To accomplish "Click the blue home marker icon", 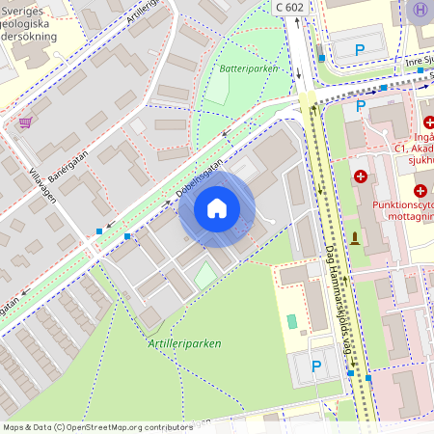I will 217,208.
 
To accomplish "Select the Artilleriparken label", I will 185,342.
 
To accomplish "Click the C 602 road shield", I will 292,7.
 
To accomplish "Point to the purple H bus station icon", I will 419,9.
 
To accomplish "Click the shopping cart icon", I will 24,122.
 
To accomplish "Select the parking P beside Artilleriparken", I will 316,366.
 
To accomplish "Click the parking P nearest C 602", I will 360,49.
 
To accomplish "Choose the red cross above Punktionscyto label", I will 420,191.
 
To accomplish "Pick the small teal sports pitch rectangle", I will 292,320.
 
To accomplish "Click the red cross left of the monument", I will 361,176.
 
